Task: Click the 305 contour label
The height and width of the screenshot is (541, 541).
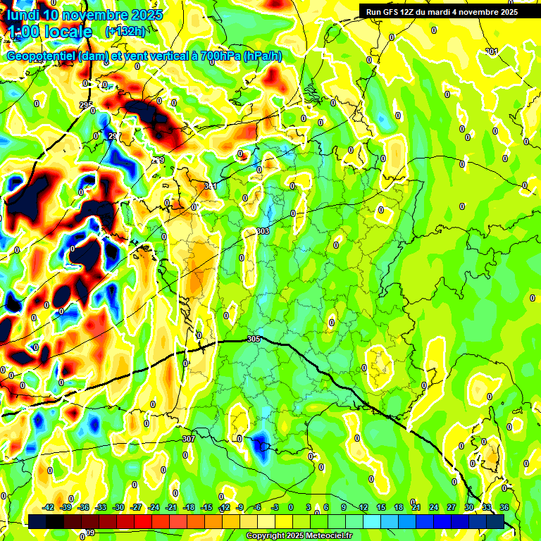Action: (254, 339)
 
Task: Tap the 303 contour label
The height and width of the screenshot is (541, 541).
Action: (263, 231)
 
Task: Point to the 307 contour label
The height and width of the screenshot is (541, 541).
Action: (188, 438)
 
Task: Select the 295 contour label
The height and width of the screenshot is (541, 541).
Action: (86, 105)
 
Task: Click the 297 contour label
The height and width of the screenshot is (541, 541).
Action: (114, 136)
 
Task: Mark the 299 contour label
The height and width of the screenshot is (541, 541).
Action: (158, 161)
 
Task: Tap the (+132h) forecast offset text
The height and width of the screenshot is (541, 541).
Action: (125, 32)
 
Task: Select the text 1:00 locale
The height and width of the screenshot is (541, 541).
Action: (51, 32)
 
